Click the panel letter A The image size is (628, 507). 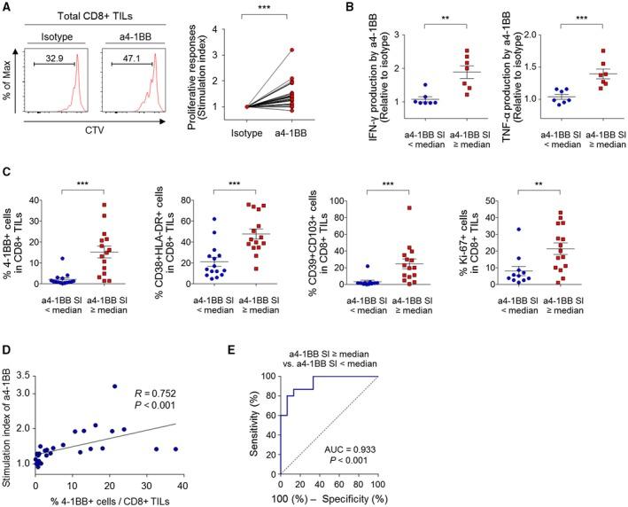[7, 7]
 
